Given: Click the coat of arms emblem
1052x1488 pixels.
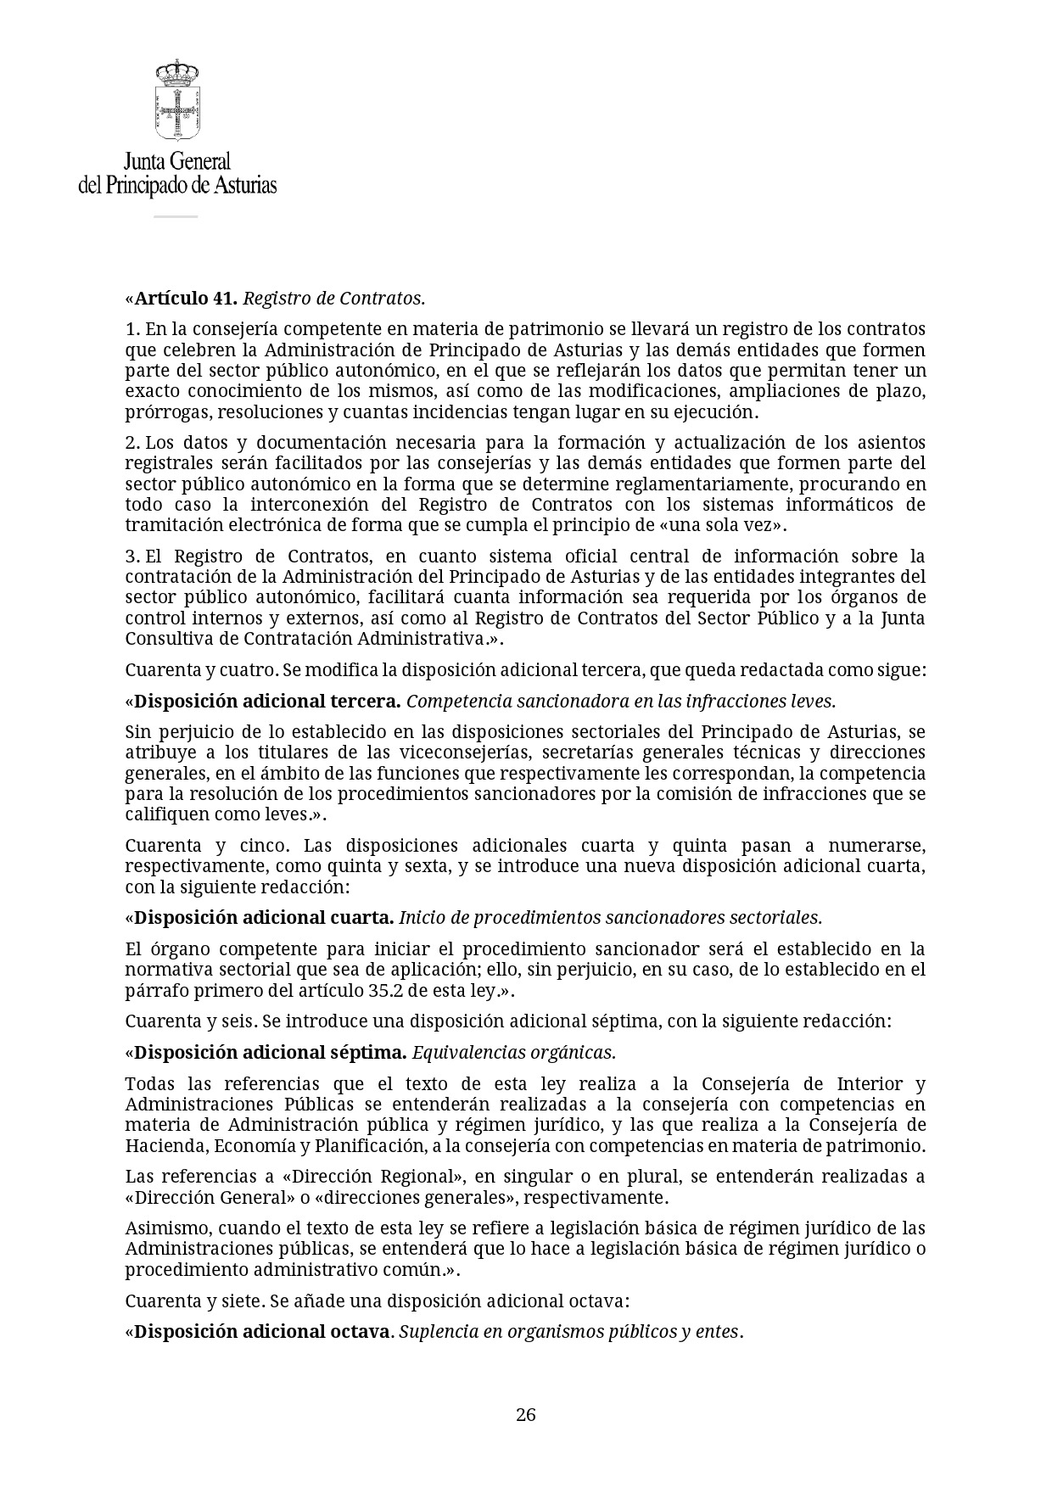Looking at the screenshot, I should click(177, 99).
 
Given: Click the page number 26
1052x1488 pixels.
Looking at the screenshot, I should click(525, 1414).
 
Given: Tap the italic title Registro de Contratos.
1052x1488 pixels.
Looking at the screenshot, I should click(333, 299).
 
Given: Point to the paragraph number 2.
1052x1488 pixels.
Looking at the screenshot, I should click(131, 443).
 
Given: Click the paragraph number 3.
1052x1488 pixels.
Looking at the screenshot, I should click(131, 557).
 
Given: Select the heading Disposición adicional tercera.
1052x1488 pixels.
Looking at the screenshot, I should click(267, 702).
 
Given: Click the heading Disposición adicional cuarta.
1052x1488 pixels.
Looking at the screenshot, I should click(264, 918).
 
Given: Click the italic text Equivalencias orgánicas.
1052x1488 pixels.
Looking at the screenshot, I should click(513, 1053).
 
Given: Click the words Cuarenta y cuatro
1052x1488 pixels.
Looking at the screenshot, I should click(201, 670).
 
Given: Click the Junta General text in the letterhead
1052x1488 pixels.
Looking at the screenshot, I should click(177, 161).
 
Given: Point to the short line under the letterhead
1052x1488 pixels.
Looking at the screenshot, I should click(176, 216).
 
